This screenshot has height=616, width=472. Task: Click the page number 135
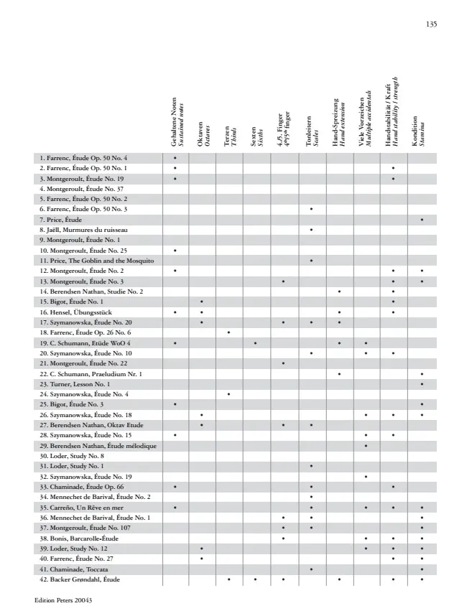(431, 24)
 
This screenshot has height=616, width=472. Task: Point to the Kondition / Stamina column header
(418, 132)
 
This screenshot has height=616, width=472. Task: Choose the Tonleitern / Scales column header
(311, 131)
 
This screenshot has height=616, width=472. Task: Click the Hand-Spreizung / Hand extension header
(338, 122)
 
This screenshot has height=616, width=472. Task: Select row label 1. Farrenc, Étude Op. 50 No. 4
(83, 157)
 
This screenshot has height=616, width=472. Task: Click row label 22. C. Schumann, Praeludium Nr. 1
(91, 374)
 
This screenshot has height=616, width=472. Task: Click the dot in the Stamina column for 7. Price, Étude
(422, 219)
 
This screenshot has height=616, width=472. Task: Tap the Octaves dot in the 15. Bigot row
(202, 302)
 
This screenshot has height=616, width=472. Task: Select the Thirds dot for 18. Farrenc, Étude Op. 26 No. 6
(228, 332)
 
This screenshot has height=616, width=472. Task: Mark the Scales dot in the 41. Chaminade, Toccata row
(311, 569)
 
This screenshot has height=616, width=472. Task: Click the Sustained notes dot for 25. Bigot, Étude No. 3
(175, 405)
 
